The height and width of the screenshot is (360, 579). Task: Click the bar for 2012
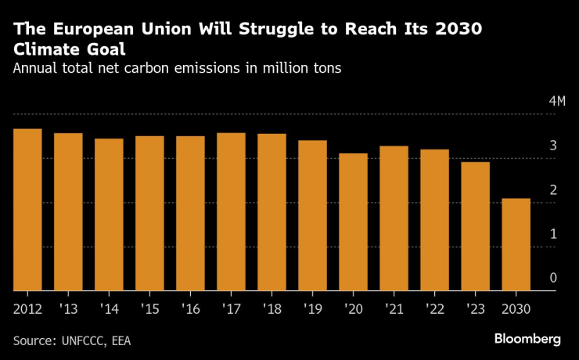[x=27, y=210]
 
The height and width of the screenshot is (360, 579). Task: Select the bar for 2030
[x=516, y=244]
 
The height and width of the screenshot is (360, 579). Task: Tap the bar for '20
[x=353, y=222]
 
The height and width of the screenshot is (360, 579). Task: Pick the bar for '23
[x=475, y=226]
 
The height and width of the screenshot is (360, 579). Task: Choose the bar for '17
[x=231, y=211]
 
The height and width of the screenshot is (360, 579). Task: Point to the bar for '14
[x=109, y=214]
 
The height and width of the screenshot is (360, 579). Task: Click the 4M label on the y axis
[x=535, y=102]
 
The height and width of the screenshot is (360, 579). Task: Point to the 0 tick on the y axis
[x=531, y=278]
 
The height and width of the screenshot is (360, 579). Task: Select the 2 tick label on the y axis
[x=531, y=189]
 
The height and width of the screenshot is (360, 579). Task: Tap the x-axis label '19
[x=312, y=308]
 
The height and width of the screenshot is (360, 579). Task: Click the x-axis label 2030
[x=516, y=308]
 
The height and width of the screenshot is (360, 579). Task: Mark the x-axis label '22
[x=434, y=308]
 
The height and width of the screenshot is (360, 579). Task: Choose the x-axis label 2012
[x=28, y=308]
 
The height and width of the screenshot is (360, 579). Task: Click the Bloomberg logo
[x=527, y=339]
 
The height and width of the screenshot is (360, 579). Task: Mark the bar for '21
[x=394, y=218]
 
